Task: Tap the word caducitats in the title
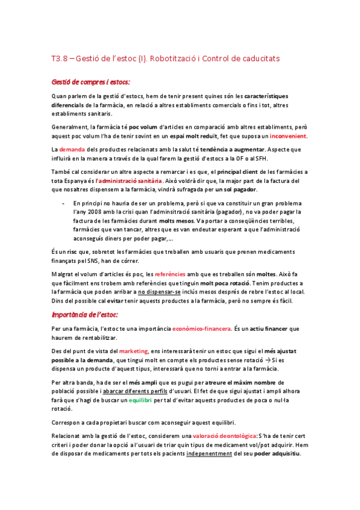(261, 58)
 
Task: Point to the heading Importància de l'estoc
(85, 315)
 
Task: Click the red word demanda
(72, 149)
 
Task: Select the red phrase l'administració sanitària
(129, 180)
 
